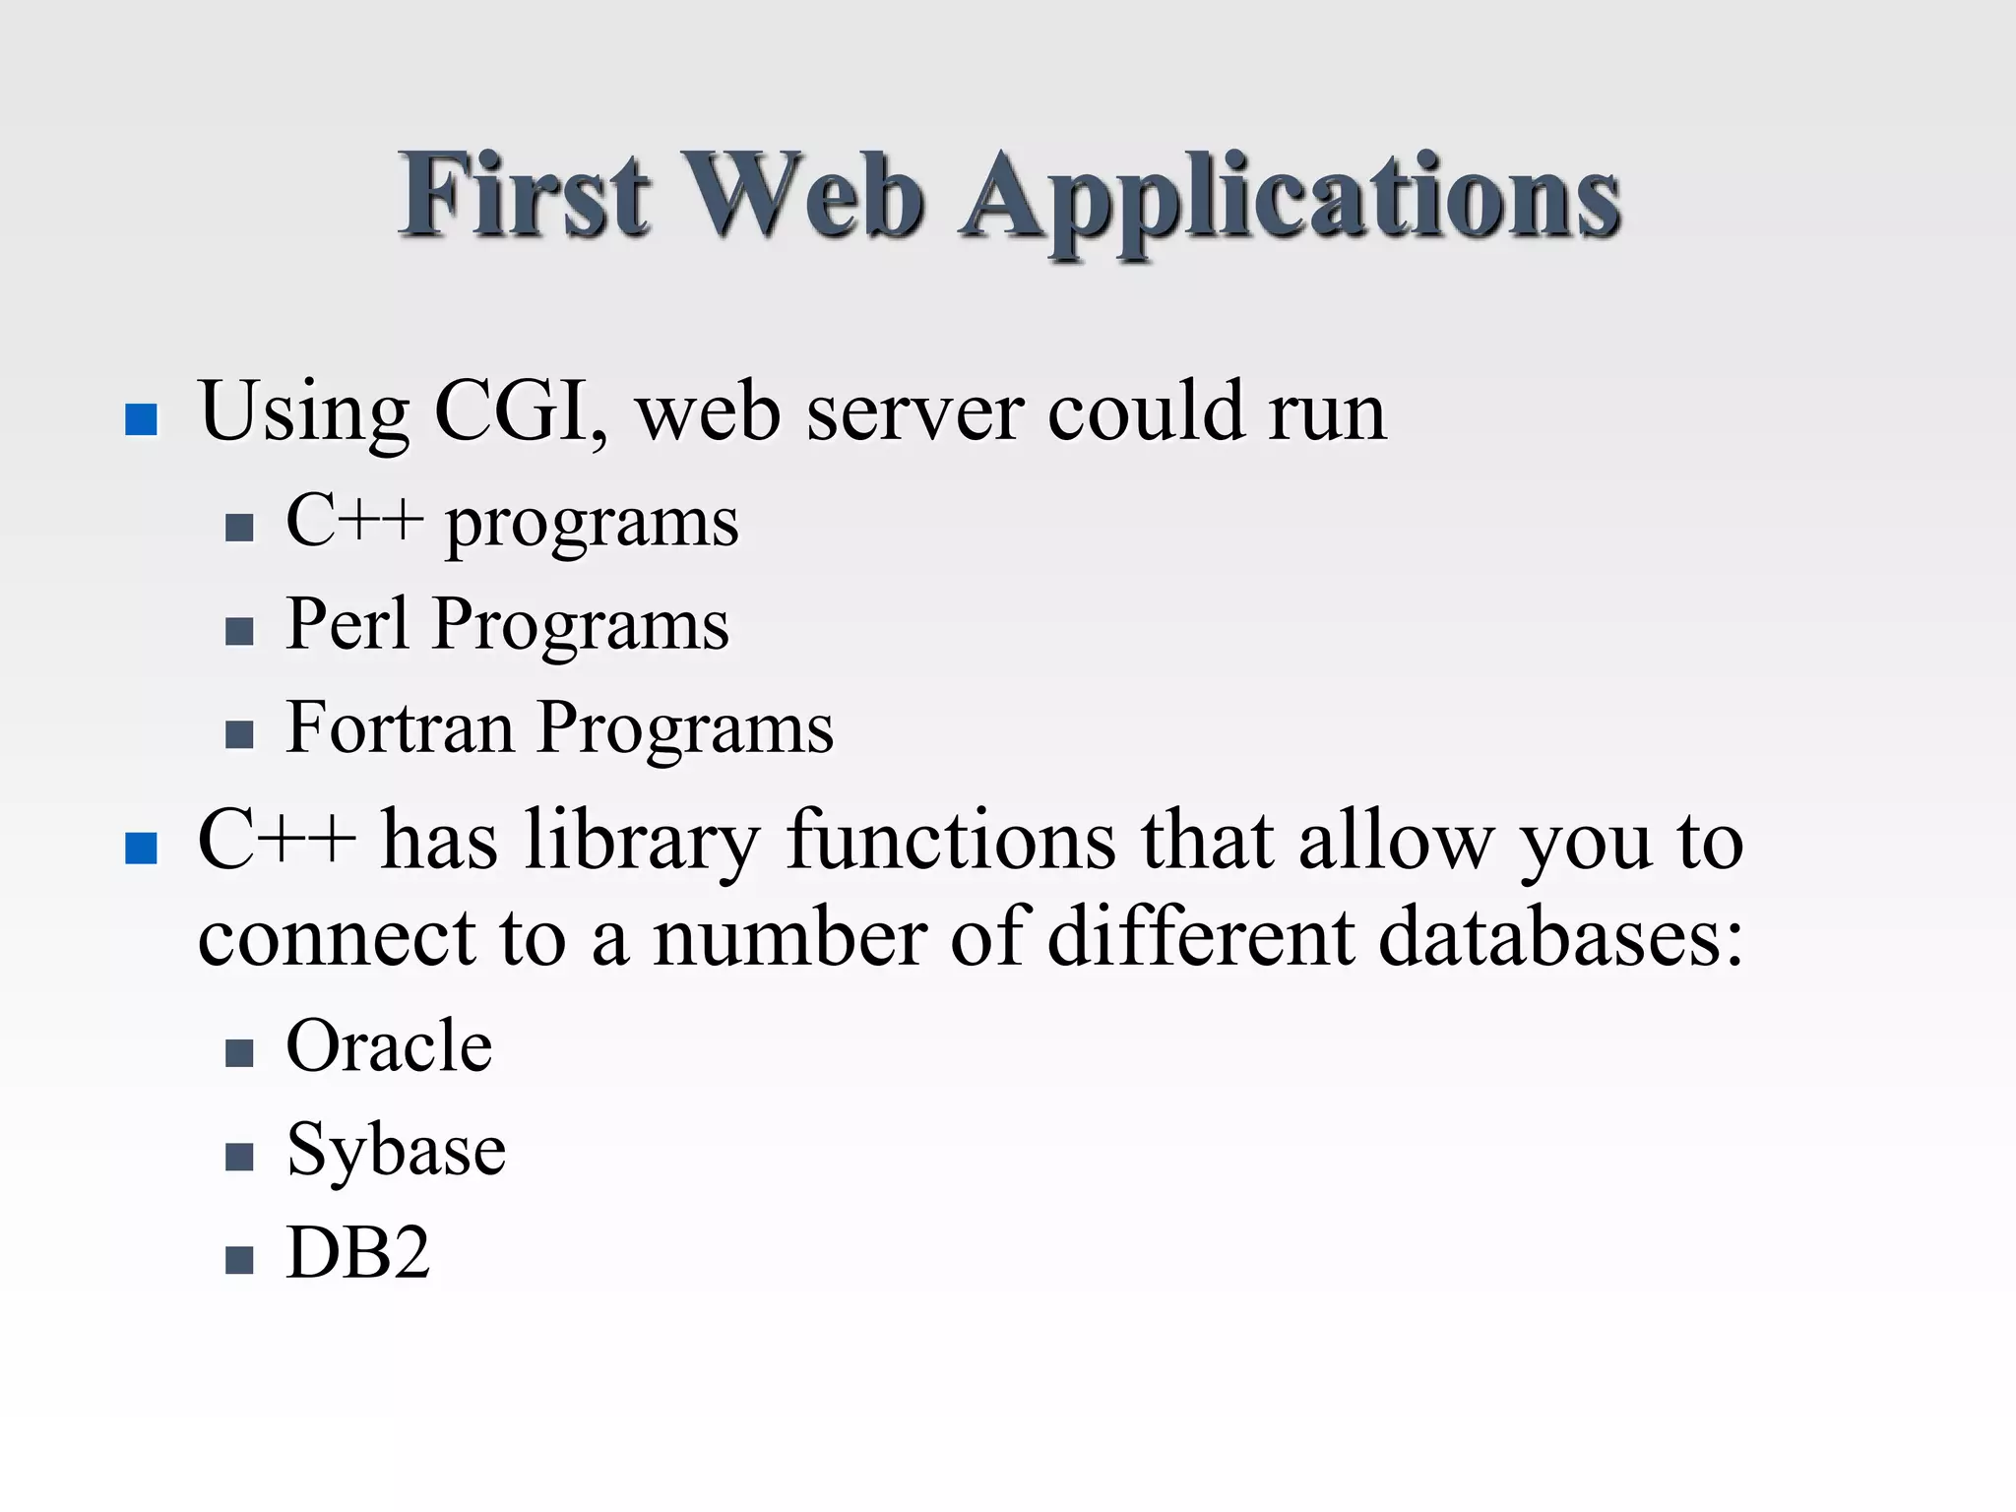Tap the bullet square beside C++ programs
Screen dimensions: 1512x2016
pos(239,529)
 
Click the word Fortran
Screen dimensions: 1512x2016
pos(400,727)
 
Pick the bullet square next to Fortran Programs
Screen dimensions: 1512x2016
pos(239,734)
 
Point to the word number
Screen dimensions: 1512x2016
pos(788,937)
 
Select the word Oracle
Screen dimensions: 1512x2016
pos(389,1045)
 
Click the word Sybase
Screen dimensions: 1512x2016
pos(396,1150)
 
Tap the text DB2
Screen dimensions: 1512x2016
pos(358,1252)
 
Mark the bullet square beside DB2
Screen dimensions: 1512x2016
pos(239,1260)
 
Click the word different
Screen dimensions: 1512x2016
pos(1201,937)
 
